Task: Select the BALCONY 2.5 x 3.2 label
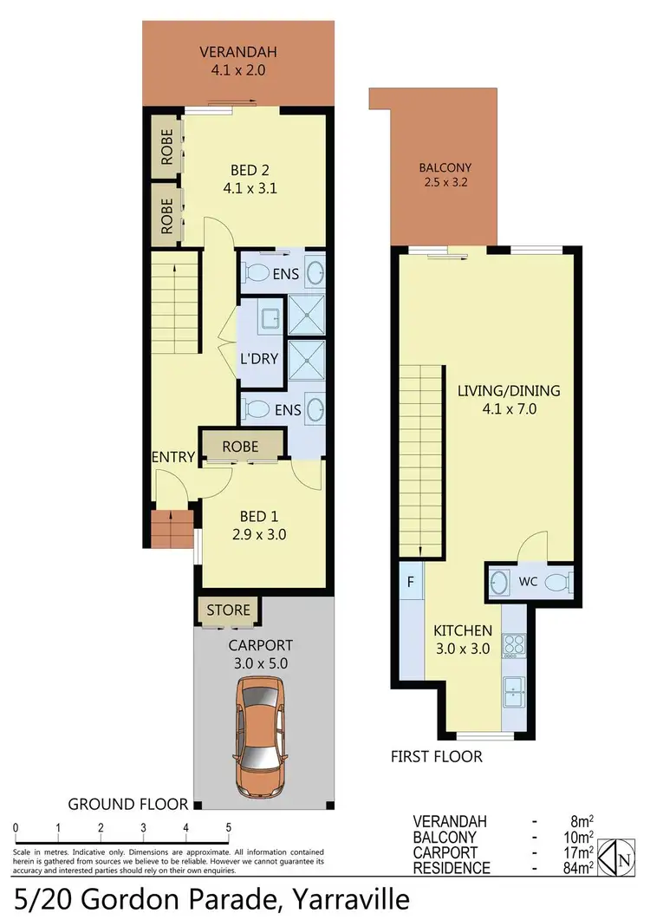tap(445, 176)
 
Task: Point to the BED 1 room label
tap(257, 525)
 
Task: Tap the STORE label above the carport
tap(228, 610)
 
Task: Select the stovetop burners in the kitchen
tap(512, 646)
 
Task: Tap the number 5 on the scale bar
tap(228, 826)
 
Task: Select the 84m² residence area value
tap(577, 867)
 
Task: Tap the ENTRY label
tap(173, 457)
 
